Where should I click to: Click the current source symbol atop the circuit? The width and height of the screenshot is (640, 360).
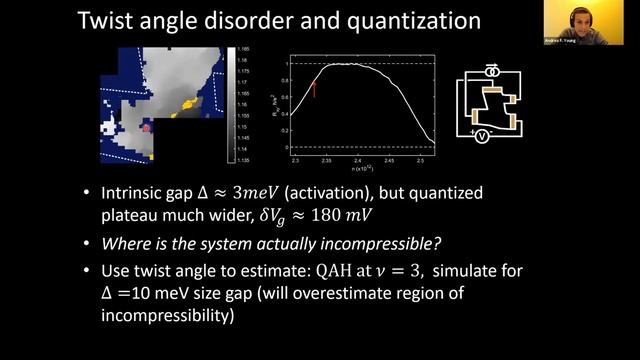coord(491,72)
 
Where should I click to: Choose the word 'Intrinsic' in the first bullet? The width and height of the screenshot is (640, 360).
coord(136,194)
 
